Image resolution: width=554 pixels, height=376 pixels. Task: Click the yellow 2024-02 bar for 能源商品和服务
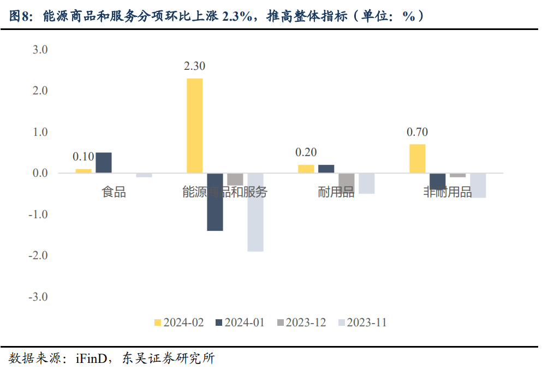pyautogui.click(x=194, y=126)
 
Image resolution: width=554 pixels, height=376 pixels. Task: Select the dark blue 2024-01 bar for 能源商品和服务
pyautogui.click(x=215, y=202)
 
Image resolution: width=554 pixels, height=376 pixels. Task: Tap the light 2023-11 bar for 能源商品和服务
pyautogui.click(x=255, y=212)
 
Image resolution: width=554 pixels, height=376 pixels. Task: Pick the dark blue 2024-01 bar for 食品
pyautogui.click(x=104, y=163)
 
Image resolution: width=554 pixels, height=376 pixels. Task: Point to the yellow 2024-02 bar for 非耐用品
pyautogui.click(x=417, y=159)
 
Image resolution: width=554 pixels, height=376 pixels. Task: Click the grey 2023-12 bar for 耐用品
pyautogui.click(x=347, y=180)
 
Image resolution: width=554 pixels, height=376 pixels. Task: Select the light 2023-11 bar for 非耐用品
pyautogui.click(x=478, y=186)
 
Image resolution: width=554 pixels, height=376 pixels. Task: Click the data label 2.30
pyautogui.click(x=194, y=66)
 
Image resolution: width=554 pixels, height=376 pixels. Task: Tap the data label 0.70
pyautogui.click(x=417, y=132)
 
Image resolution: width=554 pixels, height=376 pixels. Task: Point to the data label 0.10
pyautogui.click(x=83, y=157)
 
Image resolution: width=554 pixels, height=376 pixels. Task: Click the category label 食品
pyautogui.click(x=114, y=192)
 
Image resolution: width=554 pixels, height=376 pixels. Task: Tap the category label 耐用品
pyautogui.click(x=336, y=192)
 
